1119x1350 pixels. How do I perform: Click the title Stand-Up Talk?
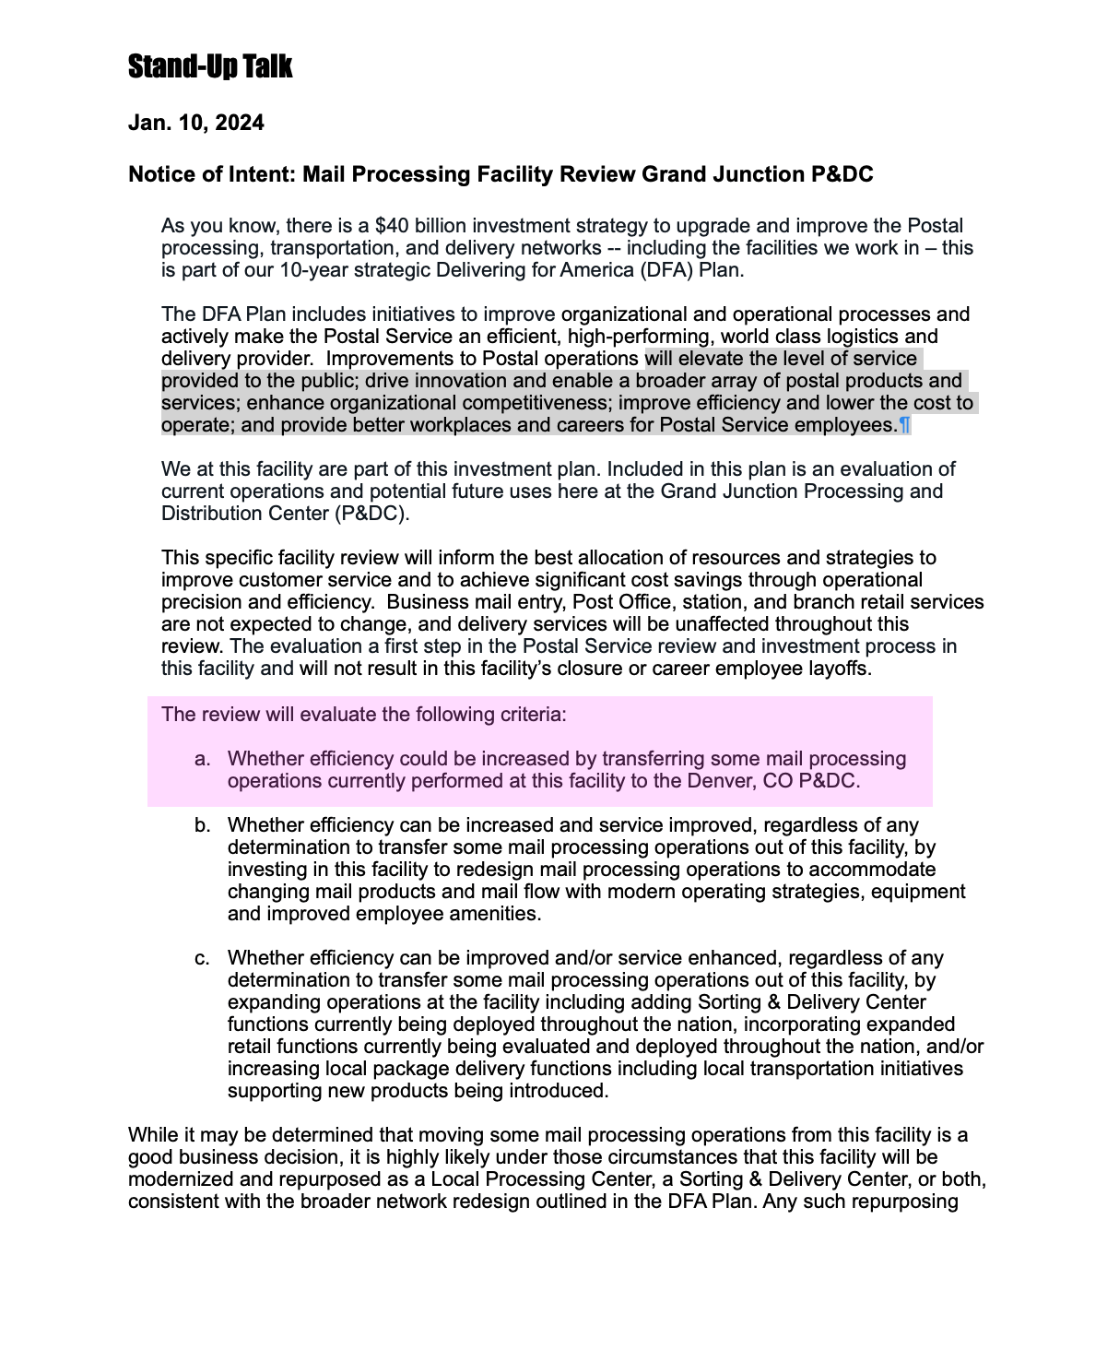pyautogui.click(x=210, y=66)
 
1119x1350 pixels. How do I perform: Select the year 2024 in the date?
pyautogui.click(x=240, y=123)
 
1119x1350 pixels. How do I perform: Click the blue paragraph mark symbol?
pyautogui.click(x=904, y=425)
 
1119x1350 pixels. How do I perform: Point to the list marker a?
pyautogui.click(x=203, y=759)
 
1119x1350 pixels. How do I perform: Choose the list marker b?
pyautogui.click(x=203, y=825)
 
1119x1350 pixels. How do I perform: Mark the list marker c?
pyautogui.click(x=203, y=958)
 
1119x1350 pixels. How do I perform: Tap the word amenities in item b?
pyautogui.click(x=498, y=914)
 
